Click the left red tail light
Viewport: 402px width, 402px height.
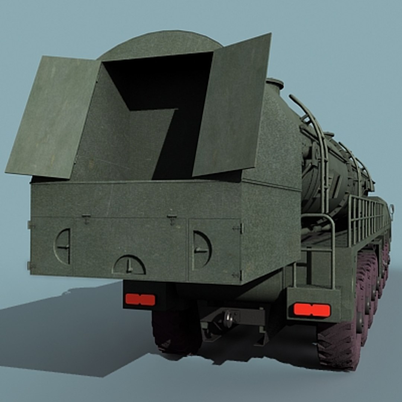click(140, 299)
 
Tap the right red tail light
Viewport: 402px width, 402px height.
click(312, 310)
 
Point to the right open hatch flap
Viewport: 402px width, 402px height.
click(233, 106)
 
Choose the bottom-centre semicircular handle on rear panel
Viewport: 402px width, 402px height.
click(129, 265)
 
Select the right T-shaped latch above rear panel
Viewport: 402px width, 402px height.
click(172, 218)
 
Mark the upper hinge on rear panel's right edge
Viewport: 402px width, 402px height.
click(238, 228)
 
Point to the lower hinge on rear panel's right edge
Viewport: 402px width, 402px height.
click(237, 275)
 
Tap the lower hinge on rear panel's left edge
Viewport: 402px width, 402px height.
click(29, 266)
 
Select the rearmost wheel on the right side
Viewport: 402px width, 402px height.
click(339, 344)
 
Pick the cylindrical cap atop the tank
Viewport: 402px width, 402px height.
click(275, 84)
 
